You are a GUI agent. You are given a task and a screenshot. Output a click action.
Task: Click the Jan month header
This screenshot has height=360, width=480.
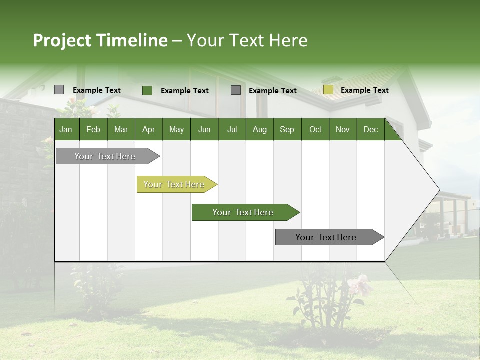point(66,129)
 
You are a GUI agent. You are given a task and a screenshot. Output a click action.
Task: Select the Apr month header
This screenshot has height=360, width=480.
point(148,129)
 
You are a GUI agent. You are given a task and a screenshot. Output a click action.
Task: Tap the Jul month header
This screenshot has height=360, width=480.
point(232,129)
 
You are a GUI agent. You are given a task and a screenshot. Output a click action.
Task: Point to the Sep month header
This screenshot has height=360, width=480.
point(287,129)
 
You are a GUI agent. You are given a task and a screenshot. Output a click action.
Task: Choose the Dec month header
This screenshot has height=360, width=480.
point(370,129)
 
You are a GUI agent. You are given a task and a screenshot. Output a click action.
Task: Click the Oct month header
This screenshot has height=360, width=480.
point(315,129)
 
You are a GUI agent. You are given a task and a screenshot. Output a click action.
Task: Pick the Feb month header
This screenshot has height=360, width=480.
point(93,129)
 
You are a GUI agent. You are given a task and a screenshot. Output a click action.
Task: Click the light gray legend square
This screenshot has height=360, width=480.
point(59,90)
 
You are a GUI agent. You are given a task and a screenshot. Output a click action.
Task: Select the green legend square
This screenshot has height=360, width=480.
point(147,90)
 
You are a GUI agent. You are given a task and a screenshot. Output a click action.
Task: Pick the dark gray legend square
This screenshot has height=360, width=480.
point(235,90)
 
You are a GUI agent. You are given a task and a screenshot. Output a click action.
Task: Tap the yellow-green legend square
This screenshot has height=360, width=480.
point(328,90)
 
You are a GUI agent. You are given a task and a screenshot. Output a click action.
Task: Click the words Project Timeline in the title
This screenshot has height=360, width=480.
point(100,40)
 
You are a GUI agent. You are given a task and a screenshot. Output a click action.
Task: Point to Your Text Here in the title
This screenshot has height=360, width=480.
point(247,40)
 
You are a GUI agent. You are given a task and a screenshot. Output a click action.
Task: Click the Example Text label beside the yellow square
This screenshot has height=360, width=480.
point(364,90)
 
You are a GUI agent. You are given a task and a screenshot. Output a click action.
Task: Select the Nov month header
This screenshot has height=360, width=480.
point(343,129)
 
